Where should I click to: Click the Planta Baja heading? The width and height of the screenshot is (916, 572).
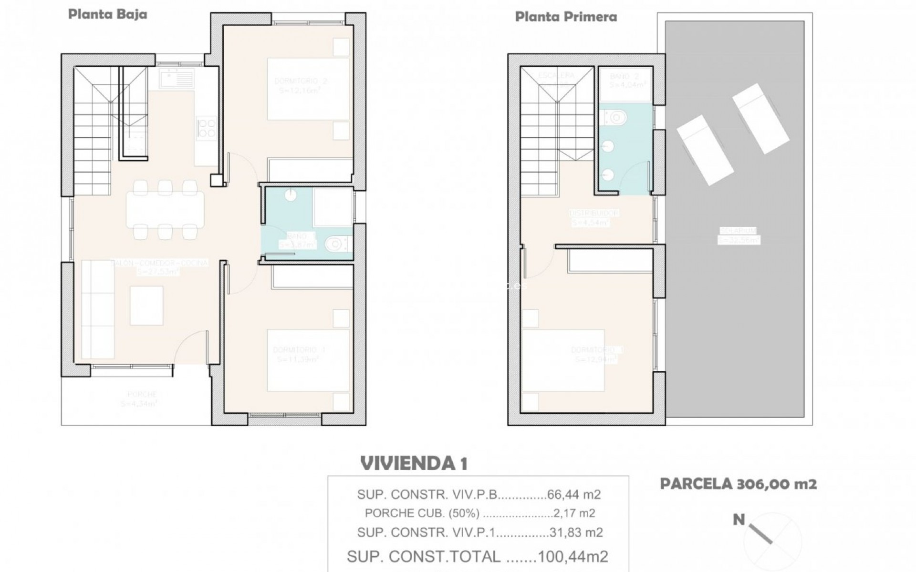pos(107,14)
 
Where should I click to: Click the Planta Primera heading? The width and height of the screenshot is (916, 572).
pos(566,17)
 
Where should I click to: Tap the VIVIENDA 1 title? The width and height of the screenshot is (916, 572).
pos(414,463)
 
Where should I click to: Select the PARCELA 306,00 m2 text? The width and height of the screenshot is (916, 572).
pos(738,484)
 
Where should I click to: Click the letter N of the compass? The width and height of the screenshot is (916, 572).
pos(739,520)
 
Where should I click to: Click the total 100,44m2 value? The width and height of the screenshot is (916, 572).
pos(572,556)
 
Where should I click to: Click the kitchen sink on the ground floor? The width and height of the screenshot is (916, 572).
pos(177,79)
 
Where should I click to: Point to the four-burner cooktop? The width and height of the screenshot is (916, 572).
pos(207,128)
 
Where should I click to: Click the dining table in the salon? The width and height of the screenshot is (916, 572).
pos(165,210)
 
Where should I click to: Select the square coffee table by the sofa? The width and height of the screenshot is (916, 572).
pos(146,306)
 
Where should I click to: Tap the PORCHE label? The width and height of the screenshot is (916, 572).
pos(142,394)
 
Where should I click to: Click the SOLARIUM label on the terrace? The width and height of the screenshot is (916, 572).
pos(738,231)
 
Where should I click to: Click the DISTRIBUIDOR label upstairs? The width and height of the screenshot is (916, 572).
pos(594,213)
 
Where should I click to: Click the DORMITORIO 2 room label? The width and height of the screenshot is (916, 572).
pos(301,81)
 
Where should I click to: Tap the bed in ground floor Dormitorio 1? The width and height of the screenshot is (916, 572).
pos(308,360)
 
